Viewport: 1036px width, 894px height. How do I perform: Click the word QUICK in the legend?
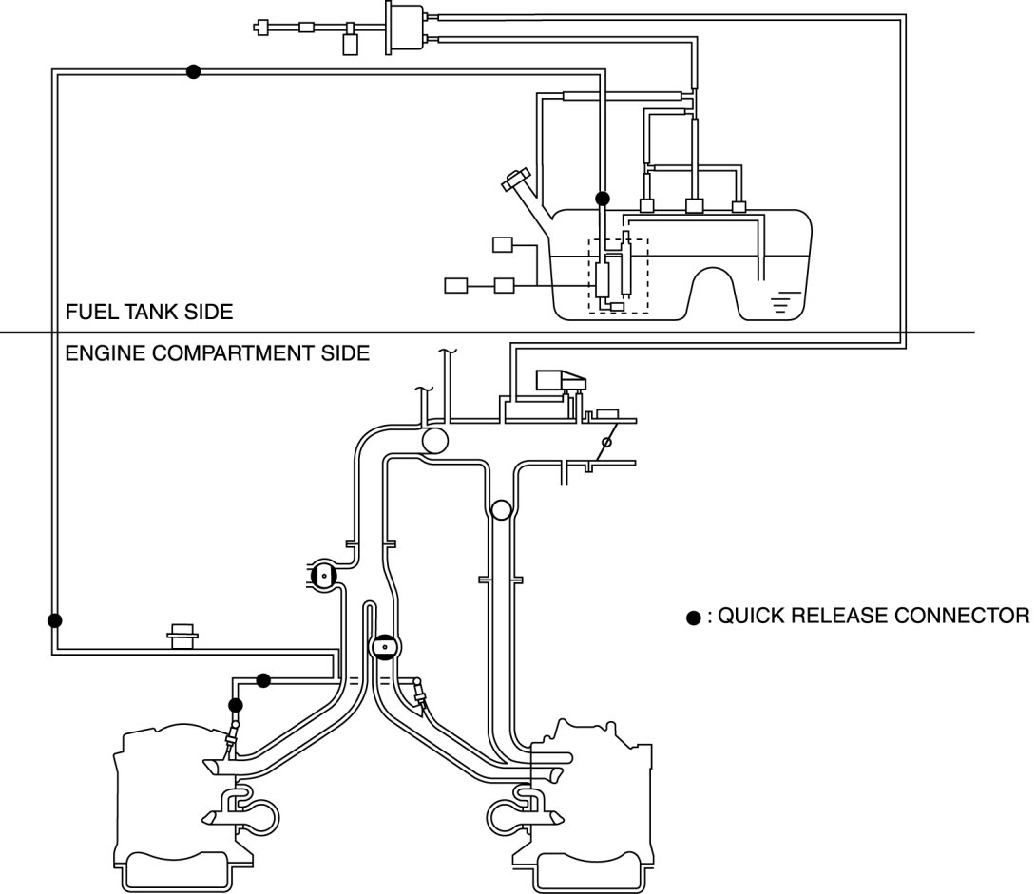[x=746, y=616]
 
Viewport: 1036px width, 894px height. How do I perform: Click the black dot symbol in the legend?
[x=694, y=618]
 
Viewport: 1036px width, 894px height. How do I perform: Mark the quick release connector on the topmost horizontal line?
[x=193, y=71]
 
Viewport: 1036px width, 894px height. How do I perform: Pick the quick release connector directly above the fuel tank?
[x=602, y=199]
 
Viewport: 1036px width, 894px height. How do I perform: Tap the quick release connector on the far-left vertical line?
[x=55, y=620]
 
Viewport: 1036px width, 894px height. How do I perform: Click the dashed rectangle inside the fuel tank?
[x=618, y=276]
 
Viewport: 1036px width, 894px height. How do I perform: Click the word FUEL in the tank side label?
[x=86, y=312]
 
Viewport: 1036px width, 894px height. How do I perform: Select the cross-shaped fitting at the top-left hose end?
[x=262, y=28]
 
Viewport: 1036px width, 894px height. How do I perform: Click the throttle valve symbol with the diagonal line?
[x=604, y=444]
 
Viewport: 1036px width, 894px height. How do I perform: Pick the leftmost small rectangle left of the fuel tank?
[x=456, y=284]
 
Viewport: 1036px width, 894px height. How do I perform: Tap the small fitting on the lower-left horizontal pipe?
[x=180, y=634]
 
